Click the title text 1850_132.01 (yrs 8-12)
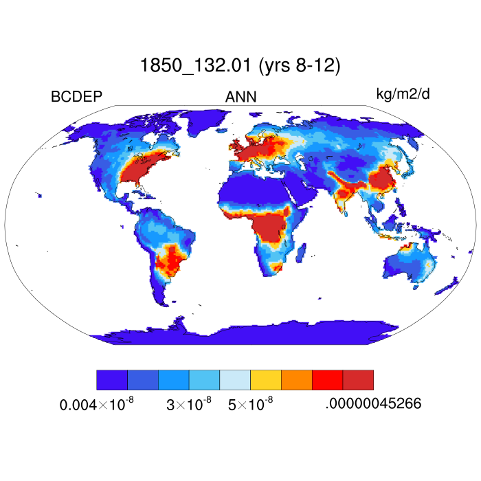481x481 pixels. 240,66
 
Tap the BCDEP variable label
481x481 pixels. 76,97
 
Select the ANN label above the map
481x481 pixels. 240,97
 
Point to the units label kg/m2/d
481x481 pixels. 403,93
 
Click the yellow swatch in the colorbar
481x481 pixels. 265,380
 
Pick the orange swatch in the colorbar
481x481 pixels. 296,380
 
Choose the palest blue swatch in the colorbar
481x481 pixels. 235,380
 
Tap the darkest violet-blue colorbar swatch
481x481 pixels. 112,380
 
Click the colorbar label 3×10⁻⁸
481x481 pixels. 189,405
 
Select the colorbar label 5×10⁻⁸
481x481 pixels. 250,405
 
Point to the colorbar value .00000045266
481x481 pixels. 372,404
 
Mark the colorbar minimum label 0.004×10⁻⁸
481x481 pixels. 96,405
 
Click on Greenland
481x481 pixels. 206,124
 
